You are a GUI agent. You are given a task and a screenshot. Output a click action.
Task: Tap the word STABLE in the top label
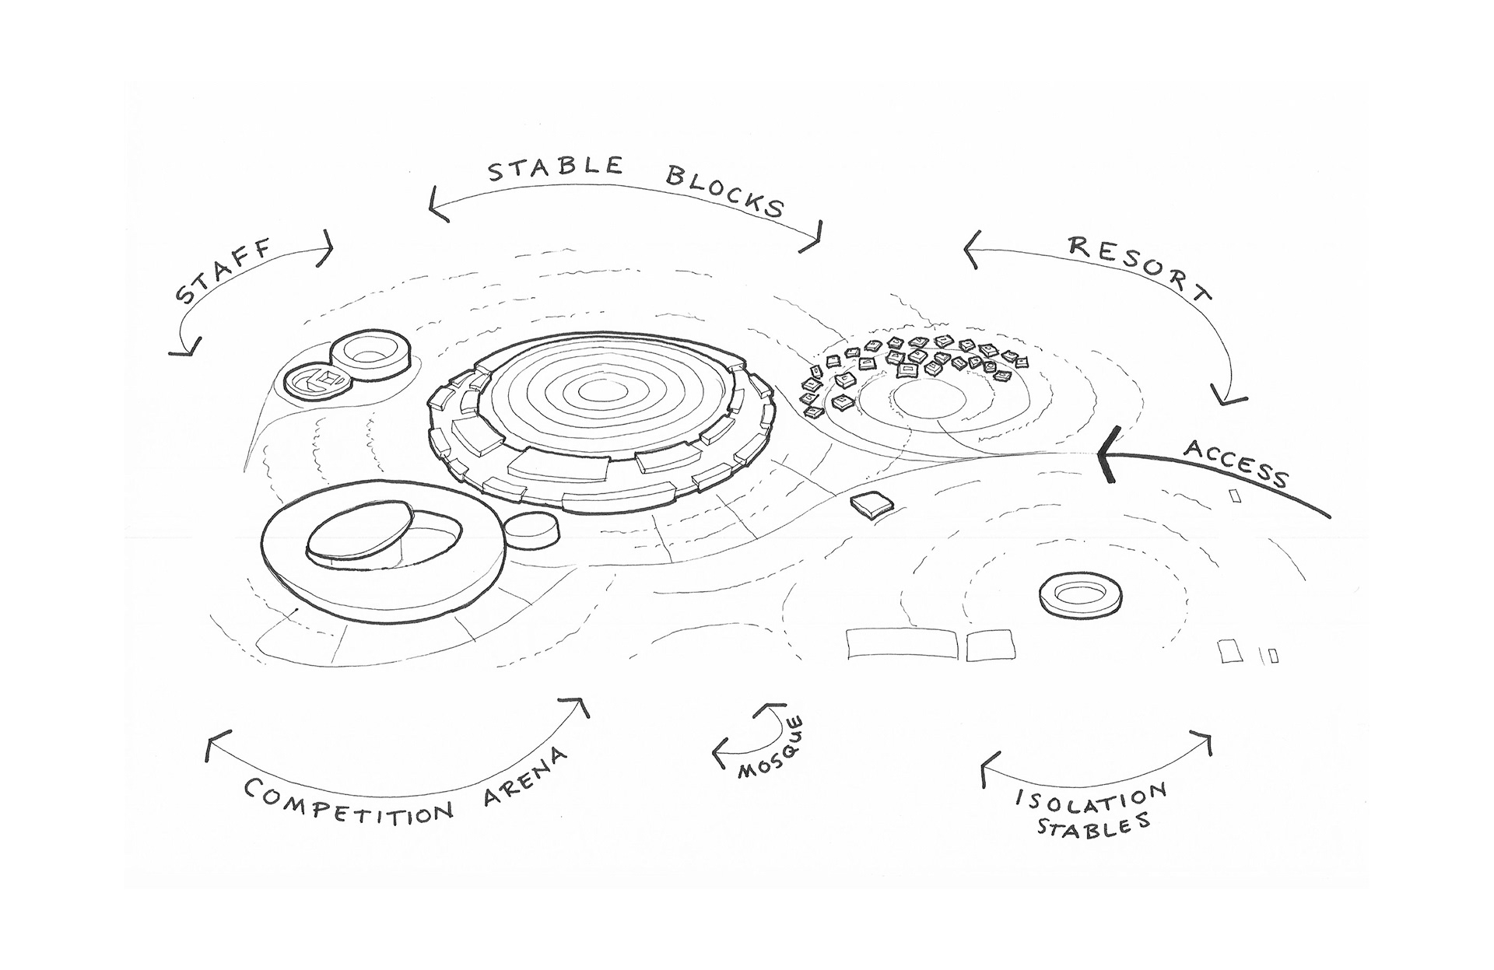click(x=555, y=169)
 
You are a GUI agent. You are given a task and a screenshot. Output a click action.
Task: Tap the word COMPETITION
click(x=349, y=803)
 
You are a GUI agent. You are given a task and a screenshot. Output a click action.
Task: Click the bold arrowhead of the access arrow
click(x=1106, y=456)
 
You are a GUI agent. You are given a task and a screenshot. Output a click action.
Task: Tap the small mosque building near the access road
click(x=872, y=506)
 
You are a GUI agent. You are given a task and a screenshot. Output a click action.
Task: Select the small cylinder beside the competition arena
click(x=531, y=531)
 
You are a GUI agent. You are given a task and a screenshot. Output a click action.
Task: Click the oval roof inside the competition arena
click(x=359, y=531)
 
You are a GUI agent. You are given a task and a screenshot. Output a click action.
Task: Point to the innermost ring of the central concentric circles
click(x=597, y=390)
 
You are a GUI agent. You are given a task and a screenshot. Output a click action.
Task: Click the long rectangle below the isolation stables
click(x=900, y=644)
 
